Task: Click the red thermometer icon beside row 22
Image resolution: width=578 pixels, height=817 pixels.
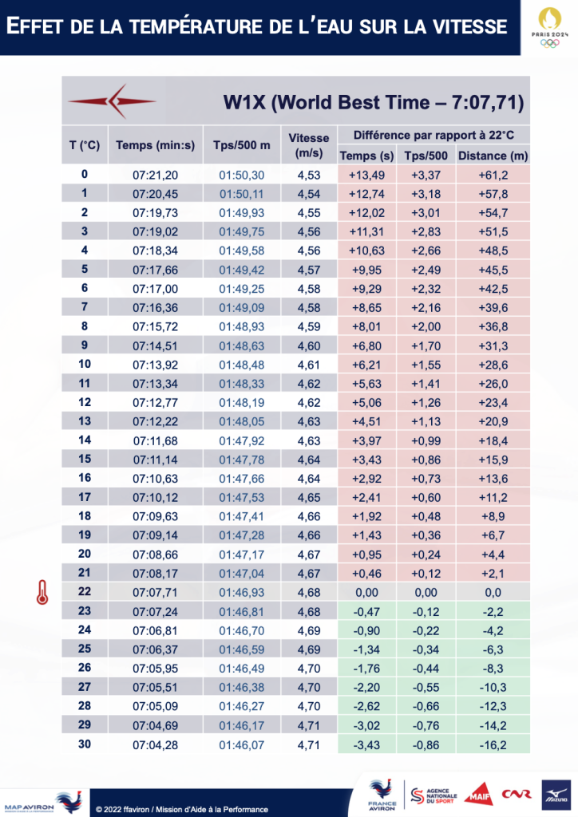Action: point(38,592)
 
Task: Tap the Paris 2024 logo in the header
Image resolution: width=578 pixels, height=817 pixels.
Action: point(549,27)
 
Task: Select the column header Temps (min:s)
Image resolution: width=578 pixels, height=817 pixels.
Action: point(155,145)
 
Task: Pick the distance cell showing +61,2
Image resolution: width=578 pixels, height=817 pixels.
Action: point(493,174)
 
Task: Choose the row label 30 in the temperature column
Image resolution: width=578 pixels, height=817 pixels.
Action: point(85,744)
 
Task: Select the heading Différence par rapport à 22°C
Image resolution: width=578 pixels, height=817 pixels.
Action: point(434,136)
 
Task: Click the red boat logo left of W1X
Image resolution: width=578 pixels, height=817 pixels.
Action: point(113,101)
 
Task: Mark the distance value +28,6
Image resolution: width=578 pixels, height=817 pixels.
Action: point(493,364)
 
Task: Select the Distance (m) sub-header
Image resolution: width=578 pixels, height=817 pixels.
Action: point(493,156)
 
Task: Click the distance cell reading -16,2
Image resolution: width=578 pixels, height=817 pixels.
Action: point(493,744)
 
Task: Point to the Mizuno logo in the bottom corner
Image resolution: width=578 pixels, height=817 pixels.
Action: point(559,792)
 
